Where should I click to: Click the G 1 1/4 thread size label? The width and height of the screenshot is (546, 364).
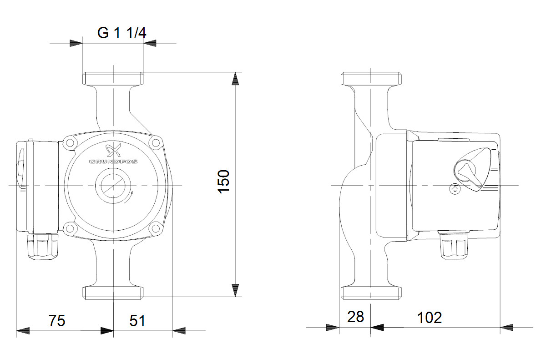click(121, 33)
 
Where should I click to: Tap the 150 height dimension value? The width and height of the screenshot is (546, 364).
click(223, 182)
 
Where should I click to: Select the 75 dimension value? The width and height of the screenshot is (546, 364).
click(57, 320)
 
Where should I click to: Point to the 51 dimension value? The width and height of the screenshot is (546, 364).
click(137, 320)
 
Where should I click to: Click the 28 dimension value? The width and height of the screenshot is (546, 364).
click(356, 317)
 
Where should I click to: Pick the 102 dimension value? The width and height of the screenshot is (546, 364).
click(430, 318)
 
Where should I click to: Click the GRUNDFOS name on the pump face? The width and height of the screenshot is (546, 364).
click(113, 162)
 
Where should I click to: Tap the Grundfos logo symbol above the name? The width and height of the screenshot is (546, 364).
click(113, 150)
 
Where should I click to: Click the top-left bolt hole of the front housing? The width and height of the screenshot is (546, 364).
click(70, 142)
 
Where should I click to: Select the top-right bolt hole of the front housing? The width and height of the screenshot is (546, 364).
click(155, 142)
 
